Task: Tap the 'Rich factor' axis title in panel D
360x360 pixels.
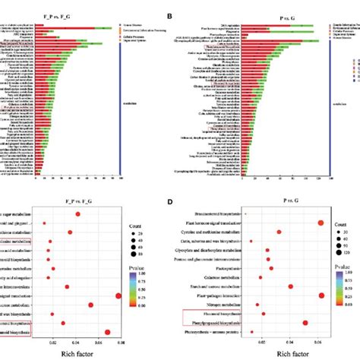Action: point(287,353)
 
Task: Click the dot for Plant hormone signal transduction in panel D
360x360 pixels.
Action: point(321,223)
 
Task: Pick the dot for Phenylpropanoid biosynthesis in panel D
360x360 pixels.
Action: point(305,323)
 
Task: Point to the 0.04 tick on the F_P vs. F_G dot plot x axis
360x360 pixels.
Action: point(76,343)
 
